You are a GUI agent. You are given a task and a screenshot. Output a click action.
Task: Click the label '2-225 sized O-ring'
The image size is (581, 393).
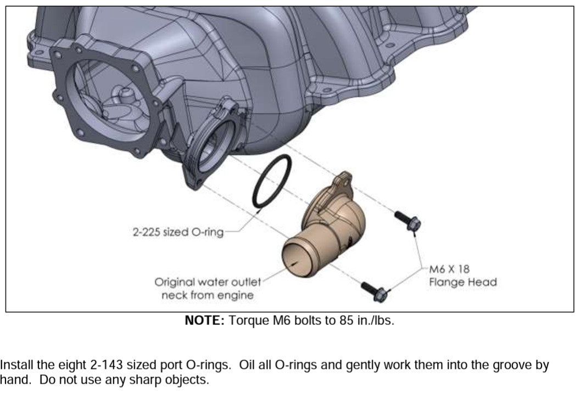click(178, 232)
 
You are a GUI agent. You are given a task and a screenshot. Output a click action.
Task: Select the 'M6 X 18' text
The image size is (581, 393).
click(448, 270)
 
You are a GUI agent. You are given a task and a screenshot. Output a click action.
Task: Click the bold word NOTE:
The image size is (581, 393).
click(204, 321)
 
